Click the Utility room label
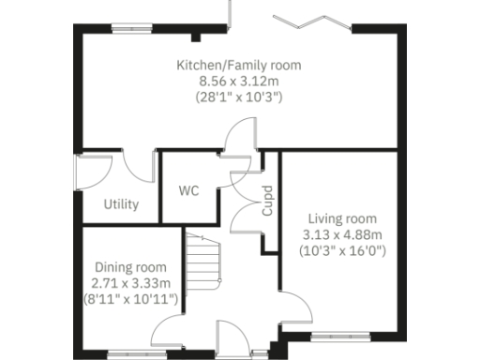(122, 204)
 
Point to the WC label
(188, 190)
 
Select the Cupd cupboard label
(267, 205)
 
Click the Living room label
(342, 218)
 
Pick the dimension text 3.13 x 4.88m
(342, 234)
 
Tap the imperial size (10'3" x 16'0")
(342, 250)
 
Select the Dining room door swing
(173, 330)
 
